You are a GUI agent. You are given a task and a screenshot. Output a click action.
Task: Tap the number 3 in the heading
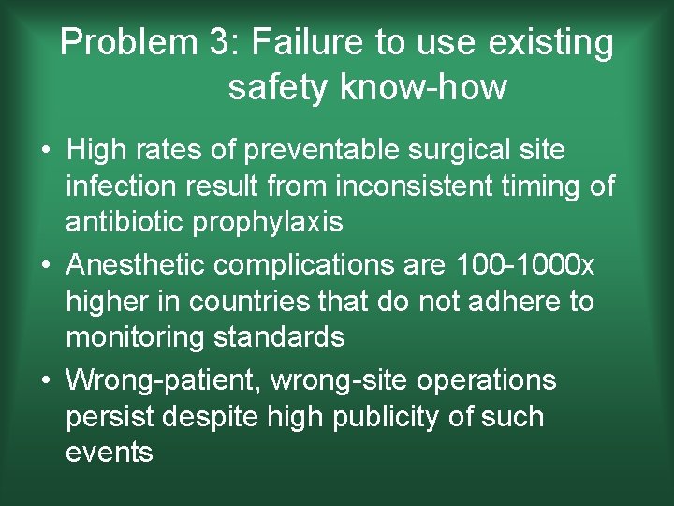(219, 43)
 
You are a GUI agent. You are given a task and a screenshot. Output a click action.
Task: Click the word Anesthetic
(137, 265)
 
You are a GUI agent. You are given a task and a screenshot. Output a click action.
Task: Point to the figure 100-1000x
(524, 265)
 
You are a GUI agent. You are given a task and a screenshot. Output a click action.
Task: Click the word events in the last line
(109, 454)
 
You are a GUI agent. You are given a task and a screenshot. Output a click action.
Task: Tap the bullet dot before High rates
(45, 151)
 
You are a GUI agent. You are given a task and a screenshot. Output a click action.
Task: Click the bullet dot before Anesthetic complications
(45, 266)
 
